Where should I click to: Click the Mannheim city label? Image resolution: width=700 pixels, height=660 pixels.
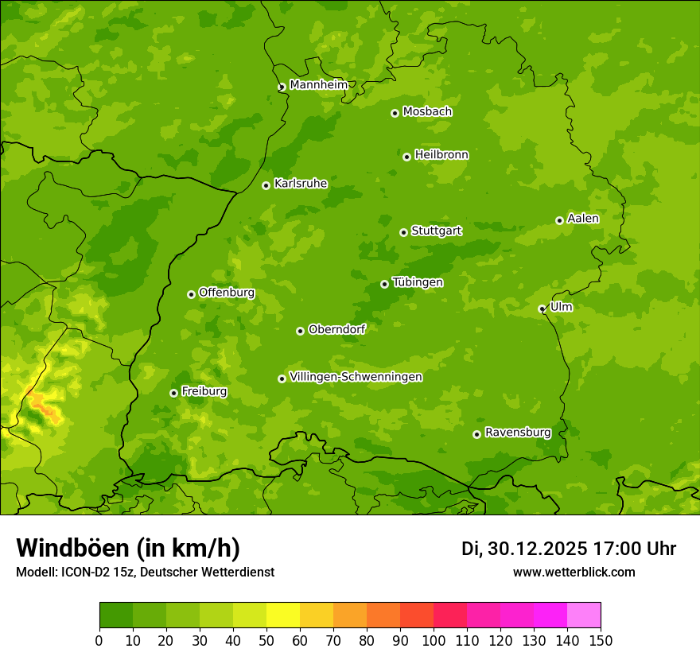[318, 85]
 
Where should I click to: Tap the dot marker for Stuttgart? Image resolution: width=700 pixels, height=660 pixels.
[403, 232]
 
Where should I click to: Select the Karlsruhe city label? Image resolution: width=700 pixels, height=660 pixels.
[301, 184]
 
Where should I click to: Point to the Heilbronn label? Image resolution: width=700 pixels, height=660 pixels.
[441, 155]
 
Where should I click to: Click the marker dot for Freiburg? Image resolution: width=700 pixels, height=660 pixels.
[173, 393]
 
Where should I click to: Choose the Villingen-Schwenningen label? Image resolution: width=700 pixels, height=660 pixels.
[356, 377]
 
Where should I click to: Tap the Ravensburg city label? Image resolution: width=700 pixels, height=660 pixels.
[518, 433]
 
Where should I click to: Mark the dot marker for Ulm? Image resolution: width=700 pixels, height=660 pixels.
[542, 309]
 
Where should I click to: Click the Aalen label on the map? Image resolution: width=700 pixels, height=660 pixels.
[583, 219]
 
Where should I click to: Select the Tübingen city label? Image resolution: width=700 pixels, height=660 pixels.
[418, 282]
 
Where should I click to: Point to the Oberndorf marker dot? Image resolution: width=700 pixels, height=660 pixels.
[300, 331]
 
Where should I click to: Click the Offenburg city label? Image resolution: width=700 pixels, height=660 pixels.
[227, 293]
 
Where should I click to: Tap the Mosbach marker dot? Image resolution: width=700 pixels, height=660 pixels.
[395, 113]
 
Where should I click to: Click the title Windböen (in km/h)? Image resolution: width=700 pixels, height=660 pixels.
[128, 549]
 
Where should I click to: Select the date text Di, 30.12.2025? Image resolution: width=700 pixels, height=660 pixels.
[524, 549]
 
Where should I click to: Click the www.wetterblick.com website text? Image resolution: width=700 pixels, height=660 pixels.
[574, 572]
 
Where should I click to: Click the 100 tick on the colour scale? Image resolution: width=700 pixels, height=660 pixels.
[434, 640]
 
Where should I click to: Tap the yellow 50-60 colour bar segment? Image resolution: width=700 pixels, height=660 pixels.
[283, 615]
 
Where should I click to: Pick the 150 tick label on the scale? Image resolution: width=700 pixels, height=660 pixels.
[601, 640]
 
